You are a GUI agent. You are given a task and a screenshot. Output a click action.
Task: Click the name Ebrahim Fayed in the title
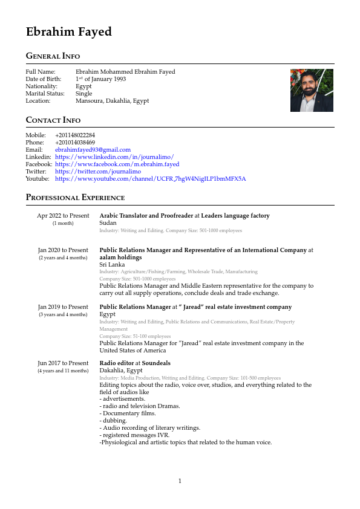(68, 32)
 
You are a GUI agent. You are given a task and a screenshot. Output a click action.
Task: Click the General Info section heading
(53, 56)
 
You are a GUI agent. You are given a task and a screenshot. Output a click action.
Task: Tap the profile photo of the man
(312, 90)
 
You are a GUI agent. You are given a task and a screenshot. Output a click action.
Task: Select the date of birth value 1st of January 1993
(100, 79)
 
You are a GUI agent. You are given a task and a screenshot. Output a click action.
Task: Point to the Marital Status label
(42, 94)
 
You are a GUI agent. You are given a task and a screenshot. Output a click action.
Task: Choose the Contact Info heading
(53, 120)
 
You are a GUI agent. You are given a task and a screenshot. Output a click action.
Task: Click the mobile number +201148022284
(75, 135)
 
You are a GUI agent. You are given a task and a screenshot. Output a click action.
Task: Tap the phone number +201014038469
(75, 142)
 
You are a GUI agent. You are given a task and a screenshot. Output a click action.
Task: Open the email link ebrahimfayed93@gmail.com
(93, 149)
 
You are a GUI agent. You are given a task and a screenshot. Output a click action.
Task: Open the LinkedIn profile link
(114, 157)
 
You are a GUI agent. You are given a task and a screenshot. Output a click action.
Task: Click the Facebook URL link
(117, 164)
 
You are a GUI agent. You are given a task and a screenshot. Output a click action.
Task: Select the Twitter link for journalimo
(97, 172)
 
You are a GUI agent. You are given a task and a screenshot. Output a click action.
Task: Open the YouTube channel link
(150, 179)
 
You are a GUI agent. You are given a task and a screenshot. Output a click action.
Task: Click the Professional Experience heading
(75, 198)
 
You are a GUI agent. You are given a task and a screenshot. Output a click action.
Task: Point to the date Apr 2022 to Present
(63, 216)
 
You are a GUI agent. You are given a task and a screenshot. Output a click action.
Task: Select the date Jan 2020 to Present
(63, 250)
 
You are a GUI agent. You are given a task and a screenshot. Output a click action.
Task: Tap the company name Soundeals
(156, 363)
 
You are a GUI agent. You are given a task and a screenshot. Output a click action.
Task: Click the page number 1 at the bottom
(180, 481)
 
